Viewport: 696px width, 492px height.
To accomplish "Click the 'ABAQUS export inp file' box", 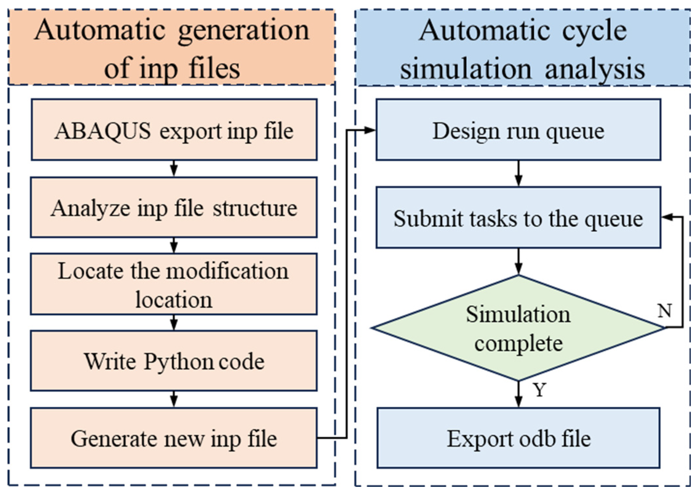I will (174, 130).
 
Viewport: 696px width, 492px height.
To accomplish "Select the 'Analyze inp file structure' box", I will (174, 207).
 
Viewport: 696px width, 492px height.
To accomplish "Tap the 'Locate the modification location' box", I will (174, 284).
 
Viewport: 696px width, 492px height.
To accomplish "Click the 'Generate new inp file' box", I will (174, 438).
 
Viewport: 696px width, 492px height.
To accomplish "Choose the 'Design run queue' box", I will (518, 130).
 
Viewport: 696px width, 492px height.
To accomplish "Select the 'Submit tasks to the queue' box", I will (518, 217).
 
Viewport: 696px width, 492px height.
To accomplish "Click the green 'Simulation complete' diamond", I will (518, 328).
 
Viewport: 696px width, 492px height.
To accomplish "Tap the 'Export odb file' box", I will (518, 438).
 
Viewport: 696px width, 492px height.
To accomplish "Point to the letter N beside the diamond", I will (664, 310).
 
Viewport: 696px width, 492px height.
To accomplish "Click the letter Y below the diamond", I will (539, 389).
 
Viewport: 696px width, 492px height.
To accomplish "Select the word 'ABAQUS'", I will (103, 131).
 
